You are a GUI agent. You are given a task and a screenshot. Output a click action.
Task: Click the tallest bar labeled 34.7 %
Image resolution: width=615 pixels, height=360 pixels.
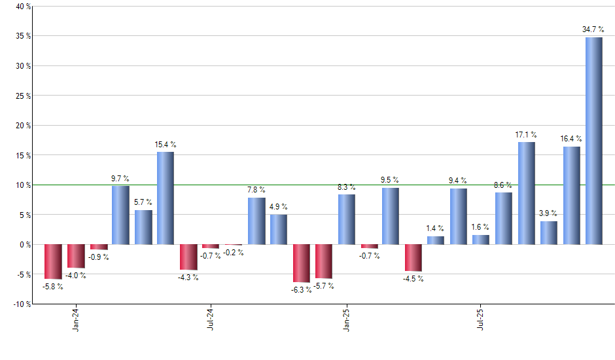click(593, 141)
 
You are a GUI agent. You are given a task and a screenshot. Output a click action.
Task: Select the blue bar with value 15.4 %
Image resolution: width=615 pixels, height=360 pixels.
click(166, 198)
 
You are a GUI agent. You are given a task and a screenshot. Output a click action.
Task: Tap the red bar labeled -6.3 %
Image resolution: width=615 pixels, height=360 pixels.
click(301, 263)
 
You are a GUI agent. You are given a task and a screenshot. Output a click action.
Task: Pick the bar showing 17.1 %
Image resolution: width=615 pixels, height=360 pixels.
click(526, 193)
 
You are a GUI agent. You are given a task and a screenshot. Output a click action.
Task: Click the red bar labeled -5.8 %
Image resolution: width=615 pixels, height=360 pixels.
click(53, 262)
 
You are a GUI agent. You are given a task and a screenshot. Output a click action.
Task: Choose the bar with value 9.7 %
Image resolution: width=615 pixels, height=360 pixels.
click(120, 215)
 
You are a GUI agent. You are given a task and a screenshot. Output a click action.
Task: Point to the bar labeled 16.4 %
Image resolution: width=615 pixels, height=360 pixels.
click(571, 196)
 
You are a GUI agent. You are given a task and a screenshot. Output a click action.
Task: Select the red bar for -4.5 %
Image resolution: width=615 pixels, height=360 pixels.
click(413, 258)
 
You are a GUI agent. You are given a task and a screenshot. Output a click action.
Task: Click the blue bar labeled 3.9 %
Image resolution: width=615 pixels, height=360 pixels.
click(549, 233)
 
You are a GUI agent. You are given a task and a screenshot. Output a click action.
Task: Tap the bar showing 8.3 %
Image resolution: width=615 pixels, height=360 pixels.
click(346, 219)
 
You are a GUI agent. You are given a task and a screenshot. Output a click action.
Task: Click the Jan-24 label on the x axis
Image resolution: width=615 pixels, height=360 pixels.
click(76, 318)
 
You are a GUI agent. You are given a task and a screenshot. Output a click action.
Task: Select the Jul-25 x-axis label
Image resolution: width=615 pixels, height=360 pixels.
click(481, 318)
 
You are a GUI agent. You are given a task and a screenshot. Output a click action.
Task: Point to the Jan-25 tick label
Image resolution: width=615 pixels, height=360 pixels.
click(346, 318)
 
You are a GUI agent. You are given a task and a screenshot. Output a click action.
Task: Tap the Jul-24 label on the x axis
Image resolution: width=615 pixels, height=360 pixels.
click(211, 318)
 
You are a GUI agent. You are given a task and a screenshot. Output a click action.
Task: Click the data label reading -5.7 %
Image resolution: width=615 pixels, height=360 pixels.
click(324, 286)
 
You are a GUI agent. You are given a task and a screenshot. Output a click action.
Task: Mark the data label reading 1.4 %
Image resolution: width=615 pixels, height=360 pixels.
click(436, 228)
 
